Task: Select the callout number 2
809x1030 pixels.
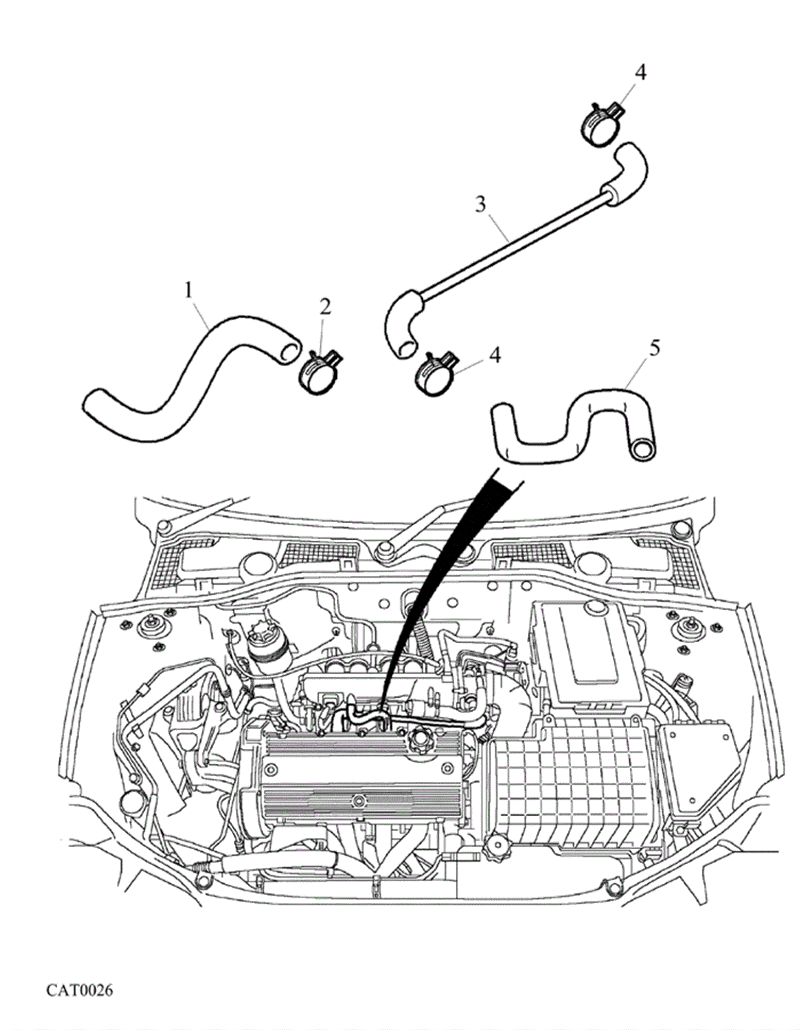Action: point(325,307)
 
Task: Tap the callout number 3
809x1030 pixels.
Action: point(480,204)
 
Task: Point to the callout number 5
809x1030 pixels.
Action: point(654,348)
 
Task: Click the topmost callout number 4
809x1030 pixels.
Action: point(640,73)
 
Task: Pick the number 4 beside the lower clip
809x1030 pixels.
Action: point(494,355)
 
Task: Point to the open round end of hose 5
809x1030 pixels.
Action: point(643,449)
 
